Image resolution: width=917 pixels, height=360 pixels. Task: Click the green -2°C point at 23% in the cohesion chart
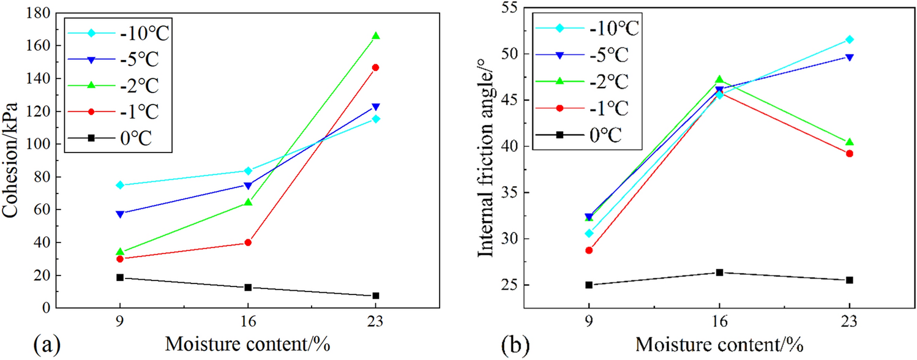(x=376, y=36)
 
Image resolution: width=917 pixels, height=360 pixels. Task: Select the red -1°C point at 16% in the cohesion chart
(x=248, y=242)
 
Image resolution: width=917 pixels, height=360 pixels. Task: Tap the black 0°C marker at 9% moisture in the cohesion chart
(x=120, y=277)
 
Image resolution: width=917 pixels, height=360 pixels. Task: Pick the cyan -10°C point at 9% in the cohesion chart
(x=120, y=185)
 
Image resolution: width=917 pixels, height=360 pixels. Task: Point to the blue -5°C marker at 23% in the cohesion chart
(x=376, y=107)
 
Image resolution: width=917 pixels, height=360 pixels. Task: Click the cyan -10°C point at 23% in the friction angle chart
(x=849, y=39)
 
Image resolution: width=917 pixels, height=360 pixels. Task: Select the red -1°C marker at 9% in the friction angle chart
(x=589, y=250)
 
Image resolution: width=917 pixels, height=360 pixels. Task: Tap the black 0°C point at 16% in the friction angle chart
(x=719, y=272)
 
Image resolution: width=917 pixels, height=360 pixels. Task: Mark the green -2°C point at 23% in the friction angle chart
(x=849, y=142)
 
